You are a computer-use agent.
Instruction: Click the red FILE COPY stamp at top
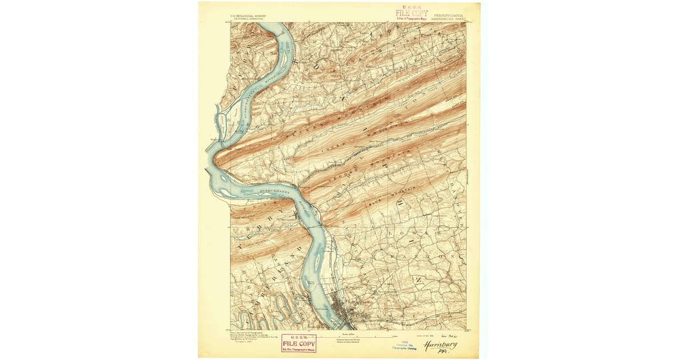click(x=411, y=13)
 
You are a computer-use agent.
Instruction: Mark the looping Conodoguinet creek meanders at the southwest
click(x=257, y=317)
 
